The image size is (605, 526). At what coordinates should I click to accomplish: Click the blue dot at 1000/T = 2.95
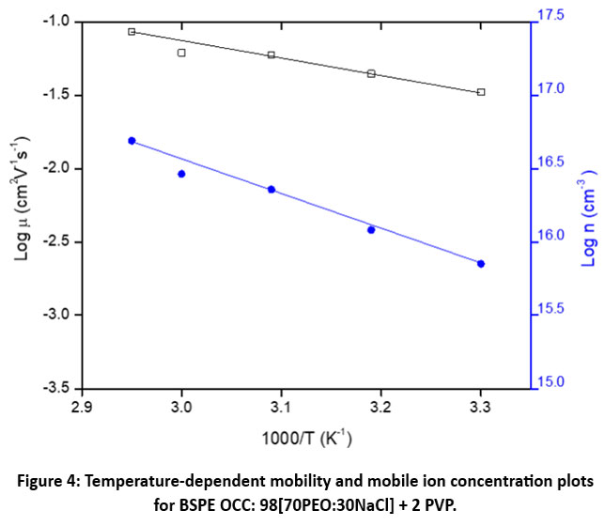tap(132, 141)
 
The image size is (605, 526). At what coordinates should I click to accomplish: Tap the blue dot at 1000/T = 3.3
tap(481, 264)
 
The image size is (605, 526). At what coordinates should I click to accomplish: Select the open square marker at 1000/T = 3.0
tap(181, 53)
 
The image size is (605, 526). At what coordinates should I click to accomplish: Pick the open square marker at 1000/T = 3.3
tap(481, 92)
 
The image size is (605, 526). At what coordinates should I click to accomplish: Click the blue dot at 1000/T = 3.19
tap(371, 229)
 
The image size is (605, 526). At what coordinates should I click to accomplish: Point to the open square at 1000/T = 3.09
tap(271, 55)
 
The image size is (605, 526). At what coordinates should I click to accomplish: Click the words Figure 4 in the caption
tap(52, 481)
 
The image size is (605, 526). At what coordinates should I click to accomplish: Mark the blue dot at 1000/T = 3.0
tap(181, 174)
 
